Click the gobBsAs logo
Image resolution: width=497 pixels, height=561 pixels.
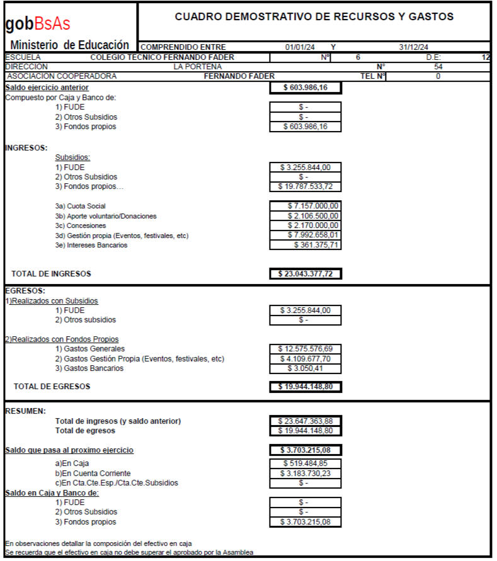tap(38, 24)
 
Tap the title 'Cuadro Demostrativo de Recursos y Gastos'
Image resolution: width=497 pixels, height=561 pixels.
tap(314, 17)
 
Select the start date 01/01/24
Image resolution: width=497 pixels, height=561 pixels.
tap(300, 47)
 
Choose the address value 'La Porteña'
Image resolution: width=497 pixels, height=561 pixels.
tap(198, 67)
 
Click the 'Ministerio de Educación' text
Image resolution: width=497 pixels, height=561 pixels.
tap(70, 45)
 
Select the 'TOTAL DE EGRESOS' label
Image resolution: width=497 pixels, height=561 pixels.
tap(52, 387)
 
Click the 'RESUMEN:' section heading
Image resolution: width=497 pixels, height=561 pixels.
tap(25, 411)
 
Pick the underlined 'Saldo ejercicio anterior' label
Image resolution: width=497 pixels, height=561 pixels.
tap(47, 88)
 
